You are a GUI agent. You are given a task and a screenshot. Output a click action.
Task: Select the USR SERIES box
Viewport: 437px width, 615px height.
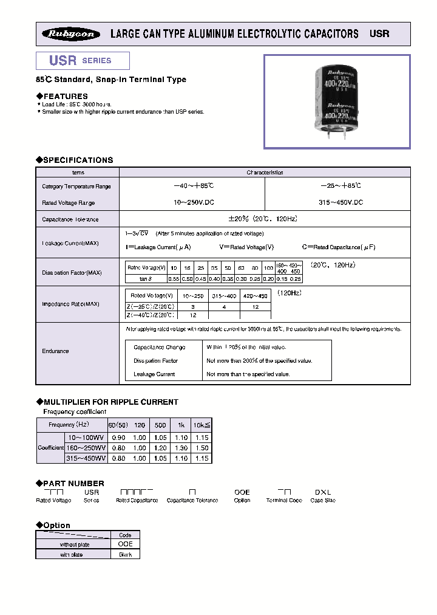[83, 61]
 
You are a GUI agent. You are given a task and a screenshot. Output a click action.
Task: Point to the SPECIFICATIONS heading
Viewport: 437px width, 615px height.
[75, 160]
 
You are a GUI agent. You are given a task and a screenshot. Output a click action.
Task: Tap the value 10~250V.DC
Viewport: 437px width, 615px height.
[192, 202]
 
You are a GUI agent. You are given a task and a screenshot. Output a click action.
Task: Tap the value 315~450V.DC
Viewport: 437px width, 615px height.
[337, 202]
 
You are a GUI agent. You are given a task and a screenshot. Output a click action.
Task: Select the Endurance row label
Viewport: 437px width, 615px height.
[55, 351]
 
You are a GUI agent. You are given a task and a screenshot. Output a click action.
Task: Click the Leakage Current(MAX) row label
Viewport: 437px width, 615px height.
[70, 243]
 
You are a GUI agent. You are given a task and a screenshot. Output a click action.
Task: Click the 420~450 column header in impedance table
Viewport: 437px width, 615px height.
[255, 295]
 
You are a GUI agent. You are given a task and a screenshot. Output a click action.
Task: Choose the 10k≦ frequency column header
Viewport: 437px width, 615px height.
[202, 425]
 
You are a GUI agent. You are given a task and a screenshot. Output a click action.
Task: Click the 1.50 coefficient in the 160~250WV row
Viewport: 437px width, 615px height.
[202, 448]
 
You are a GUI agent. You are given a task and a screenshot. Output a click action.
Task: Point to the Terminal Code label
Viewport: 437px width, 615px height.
[284, 500]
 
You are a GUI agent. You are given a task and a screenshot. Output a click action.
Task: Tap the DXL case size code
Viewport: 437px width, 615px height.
[322, 492]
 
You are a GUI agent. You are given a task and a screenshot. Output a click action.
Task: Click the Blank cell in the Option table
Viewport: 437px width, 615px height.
[125, 554]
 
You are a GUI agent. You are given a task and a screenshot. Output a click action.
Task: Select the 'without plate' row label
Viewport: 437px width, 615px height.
[75, 545]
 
